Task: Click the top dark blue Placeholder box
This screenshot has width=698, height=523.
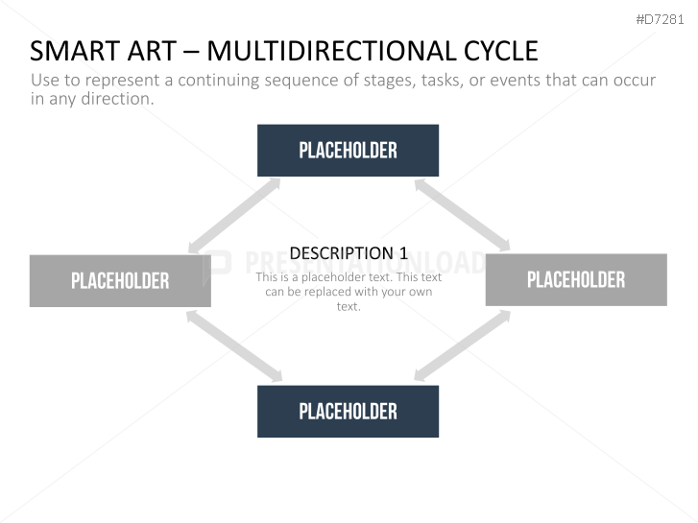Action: [x=348, y=151]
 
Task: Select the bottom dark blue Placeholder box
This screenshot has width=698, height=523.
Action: [x=348, y=412]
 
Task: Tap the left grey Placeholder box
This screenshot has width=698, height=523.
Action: [x=120, y=281]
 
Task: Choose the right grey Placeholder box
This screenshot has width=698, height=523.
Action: [x=576, y=279]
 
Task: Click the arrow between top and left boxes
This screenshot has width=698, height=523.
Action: [x=234, y=216]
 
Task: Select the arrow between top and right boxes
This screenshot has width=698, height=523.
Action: [x=462, y=215]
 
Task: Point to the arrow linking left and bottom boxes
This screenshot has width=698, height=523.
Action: [x=234, y=345]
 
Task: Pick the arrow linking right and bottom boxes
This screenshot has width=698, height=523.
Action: [x=463, y=345]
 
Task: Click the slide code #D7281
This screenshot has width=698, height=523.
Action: [x=660, y=19]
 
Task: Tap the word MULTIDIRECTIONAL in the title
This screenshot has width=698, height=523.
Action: [x=332, y=51]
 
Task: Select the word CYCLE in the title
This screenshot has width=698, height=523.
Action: [x=501, y=51]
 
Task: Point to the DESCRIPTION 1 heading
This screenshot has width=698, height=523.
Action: [x=349, y=253]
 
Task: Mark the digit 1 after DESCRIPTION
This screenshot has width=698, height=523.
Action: [x=403, y=253]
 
